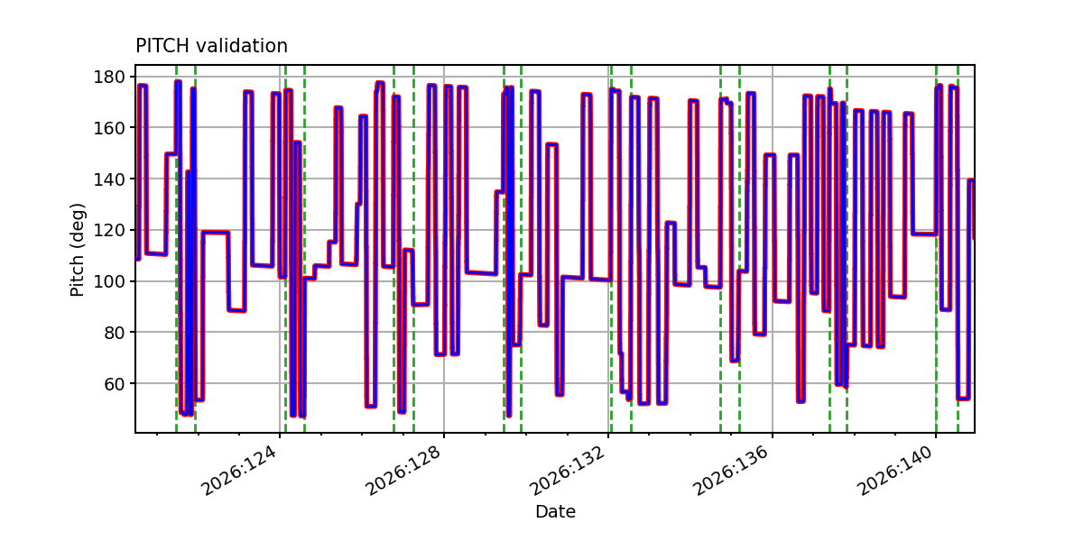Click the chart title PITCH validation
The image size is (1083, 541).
coord(211,46)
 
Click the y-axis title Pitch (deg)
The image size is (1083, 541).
coord(78,250)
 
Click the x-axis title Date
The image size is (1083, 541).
coord(555,511)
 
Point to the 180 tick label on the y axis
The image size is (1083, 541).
coord(109,77)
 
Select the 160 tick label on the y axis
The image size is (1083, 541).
coord(109,128)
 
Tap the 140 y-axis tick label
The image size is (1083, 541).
coord(109,179)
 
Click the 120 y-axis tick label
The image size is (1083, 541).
coord(109,231)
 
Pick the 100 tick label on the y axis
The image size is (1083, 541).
coord(109,281)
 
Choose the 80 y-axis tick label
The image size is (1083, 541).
coord(115,333)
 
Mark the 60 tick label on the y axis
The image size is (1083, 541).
coord(115,383)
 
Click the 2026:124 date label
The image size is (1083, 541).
coord(240,471)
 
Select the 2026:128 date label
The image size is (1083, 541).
coord(403,471)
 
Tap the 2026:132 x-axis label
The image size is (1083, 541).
coord(568,471)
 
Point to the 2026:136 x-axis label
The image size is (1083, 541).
coord(732,471)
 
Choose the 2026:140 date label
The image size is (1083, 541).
coord(895,471)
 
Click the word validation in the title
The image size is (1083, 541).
coord(242,46)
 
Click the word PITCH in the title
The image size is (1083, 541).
coord(162,46)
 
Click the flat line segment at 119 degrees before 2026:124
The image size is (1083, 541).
coord(216,233)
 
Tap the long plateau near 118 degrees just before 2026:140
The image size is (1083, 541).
coord(924,234)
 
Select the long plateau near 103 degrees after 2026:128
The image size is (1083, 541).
coord(482,273)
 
